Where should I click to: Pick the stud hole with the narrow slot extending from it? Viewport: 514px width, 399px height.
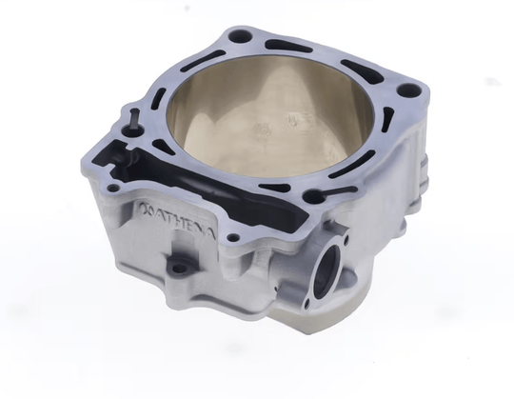(x=132, y=116)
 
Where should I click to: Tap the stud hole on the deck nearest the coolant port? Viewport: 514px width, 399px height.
(x=311, y=197)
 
